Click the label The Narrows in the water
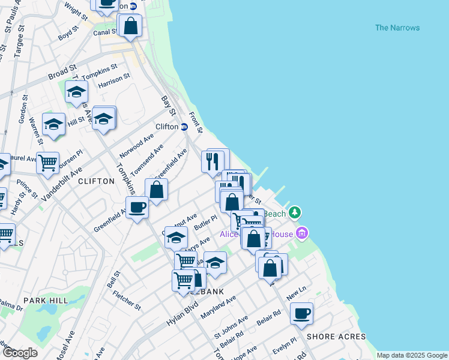click(x=397, y=28)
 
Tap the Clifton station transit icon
click(x=184, y=127)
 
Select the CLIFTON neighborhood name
click(x=96, y=181)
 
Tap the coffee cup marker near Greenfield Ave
click(x=137, y=208)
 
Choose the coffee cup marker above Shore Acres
click(x=301, y=313)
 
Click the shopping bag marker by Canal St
click(x=130, y=26)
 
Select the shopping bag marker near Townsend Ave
click(x=156, y=190)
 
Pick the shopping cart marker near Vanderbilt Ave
click(x=47, y=163)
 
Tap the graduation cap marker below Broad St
click(x=76, y=92)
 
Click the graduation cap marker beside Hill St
click(x=53, y=124)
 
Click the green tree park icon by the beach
click(x=294, y=213)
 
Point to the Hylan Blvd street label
click(x=182, y=313)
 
